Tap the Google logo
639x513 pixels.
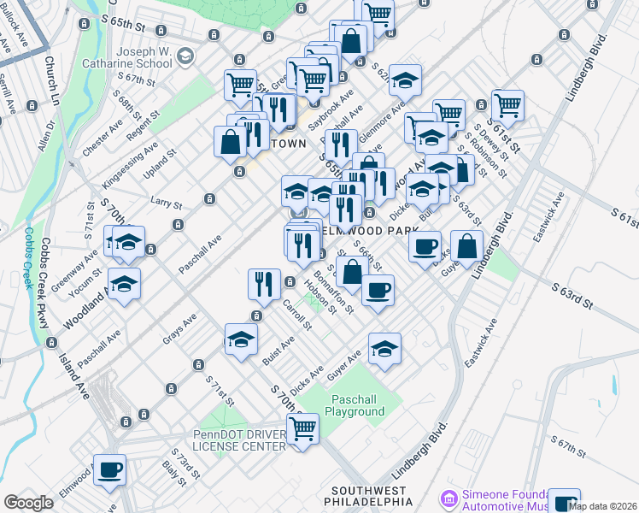pyautogui.click(x=29, y=503)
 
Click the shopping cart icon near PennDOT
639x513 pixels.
pyautogui.click(x=302, y=427)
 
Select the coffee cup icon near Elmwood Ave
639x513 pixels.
pyautogui.click(x=109, y=469)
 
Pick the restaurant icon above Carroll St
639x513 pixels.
pyautogui.click(x=264, y=284)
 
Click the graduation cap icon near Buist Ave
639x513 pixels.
pyautogui.click(x=241, y=339)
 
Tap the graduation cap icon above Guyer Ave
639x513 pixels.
pyautogui.click(x=384, y=347)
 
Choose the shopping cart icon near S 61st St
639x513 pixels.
pyautogui.click(x=507, y=105)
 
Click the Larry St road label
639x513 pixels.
pyautogui.click(x=167, y=204)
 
